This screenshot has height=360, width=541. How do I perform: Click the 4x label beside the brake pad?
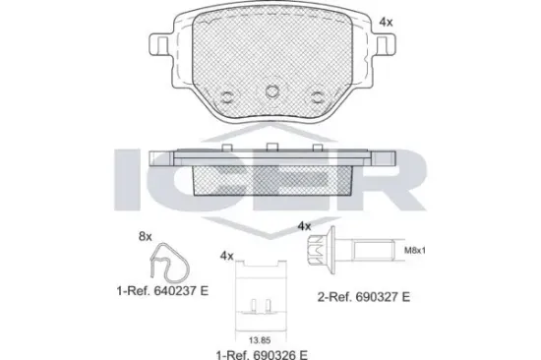click(386, 22)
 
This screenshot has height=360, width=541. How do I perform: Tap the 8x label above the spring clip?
click(146, 236)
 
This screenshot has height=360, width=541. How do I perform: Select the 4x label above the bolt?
click(304, 226)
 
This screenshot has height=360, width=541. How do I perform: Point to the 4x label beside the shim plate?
click(226, 256)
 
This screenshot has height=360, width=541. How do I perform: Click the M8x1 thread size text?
click(415, 251)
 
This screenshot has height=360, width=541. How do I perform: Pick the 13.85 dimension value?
click(260, 340)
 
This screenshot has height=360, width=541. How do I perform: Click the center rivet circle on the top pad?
click(272, 91)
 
